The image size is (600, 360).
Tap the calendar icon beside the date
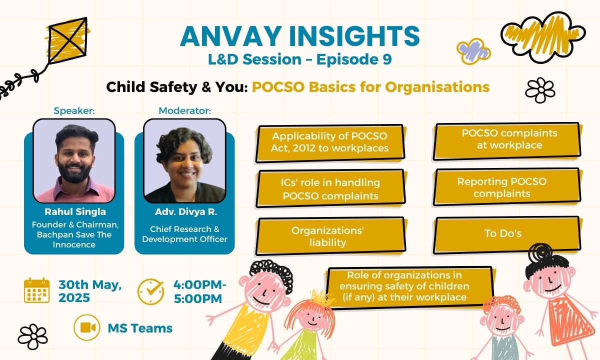[x=36, y=290]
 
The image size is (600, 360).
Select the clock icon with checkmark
[x=151, y=291]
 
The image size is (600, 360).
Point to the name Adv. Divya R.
[x=184, y=212]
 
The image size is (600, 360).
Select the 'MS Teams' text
[x=140, y=328]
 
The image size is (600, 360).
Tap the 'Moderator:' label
[x=184, y=110]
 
